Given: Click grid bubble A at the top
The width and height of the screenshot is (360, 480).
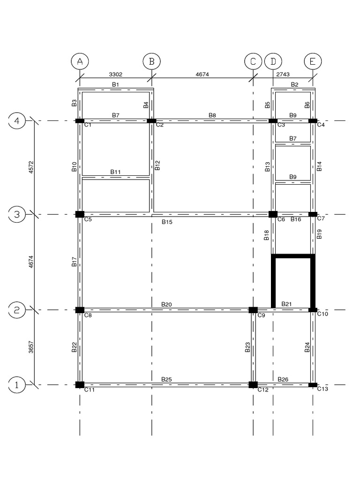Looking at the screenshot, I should click(x=80, y=62).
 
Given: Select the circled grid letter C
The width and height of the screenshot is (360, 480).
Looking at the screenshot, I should click(x=253, y=62).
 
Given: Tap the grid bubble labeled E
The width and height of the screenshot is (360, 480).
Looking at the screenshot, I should click(x=313, y=62).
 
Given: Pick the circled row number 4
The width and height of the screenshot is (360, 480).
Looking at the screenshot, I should click(x=17, y=121).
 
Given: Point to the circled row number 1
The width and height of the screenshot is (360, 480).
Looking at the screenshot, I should click(x=17, y=385).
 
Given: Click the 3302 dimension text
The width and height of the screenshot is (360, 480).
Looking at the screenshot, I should click(x=116, y=74).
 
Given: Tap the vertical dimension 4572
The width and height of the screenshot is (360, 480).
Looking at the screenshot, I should click(x=30, y=168).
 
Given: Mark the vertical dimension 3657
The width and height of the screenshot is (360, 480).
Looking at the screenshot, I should click(x=30, y=347).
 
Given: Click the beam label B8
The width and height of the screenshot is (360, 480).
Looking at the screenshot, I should click(x=212, y=115).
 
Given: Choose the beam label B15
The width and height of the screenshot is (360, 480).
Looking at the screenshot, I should click(x=167, y=222).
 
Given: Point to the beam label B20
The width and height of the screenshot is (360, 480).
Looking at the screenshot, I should click(x=166, y=304).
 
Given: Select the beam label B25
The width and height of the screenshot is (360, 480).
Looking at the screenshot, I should click(x=166, y=379).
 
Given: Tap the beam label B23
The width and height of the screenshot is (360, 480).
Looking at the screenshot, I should click(x=247, y=347).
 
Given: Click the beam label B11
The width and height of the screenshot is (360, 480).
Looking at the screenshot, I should click(x=116, y=172).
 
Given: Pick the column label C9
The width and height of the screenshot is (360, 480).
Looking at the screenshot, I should click(x=261, y=315).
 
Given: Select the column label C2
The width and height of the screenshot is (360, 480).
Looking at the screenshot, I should click(x=160, y=125).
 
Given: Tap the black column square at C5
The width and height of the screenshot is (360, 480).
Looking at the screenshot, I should click(x=80, y=214).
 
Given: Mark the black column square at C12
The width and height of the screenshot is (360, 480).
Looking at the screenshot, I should click(x=253, y=385).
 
